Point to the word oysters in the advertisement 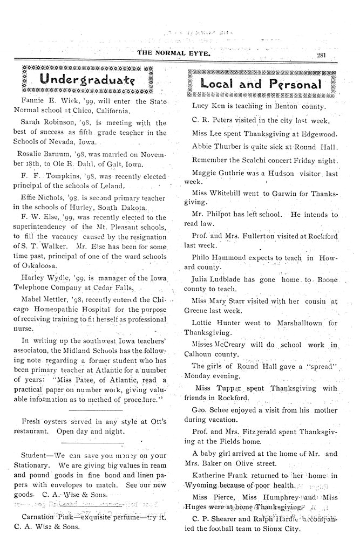coord(57,421)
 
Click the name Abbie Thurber coord(215,146)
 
